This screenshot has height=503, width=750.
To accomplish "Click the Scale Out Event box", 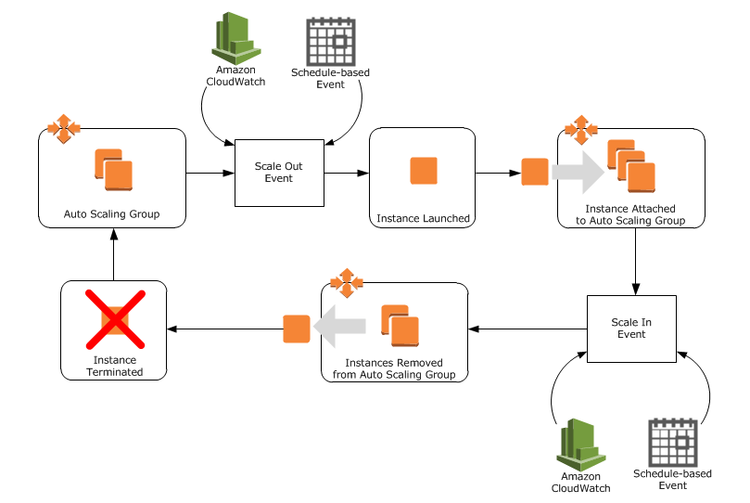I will (x=279, y=173).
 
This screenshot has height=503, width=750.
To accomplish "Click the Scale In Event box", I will (x=631, y=329).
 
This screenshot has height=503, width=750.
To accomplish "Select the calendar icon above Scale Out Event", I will (x=331, y=41).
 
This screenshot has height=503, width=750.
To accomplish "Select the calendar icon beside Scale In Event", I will (x=672, y=443).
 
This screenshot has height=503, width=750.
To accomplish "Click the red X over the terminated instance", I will (x=113, y=322).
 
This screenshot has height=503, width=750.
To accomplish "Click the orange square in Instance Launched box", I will (x=423, y=171).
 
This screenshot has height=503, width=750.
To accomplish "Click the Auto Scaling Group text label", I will (x=111, y=214).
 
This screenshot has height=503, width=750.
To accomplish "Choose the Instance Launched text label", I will (x=423, y=219).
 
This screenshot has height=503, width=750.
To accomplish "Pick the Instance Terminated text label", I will (x=115, y=366).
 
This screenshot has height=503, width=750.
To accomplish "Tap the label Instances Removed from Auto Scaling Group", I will (x=393, y=368).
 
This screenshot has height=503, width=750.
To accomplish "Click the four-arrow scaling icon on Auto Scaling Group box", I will (x=63, y=129).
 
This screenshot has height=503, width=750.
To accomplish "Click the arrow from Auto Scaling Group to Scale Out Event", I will (x=210, y=173).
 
